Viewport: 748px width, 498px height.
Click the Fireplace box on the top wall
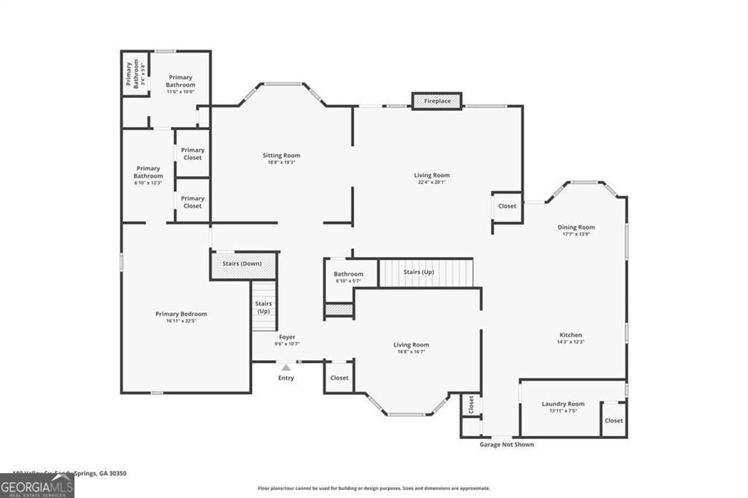[437, 101]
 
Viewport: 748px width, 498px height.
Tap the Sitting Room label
[281, 156]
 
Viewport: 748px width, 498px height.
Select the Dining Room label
[576, 227]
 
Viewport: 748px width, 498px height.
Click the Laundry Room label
[562, 404]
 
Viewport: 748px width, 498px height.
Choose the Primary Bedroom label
[181, 314]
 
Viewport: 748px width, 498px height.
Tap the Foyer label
[286, 337]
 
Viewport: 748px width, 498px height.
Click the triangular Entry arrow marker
[286, 367]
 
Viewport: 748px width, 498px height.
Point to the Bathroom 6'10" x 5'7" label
[348, 281]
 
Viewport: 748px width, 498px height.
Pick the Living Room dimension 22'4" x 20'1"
[432, 183]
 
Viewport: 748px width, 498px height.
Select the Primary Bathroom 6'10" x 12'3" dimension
[148, 183]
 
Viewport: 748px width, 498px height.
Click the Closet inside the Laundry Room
[614, 421]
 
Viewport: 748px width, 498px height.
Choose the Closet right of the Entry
[339, 378]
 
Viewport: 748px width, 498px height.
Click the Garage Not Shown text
[506, 445]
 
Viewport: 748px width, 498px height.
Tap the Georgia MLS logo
[37, 486]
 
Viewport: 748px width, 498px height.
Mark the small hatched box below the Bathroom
[339, 310]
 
